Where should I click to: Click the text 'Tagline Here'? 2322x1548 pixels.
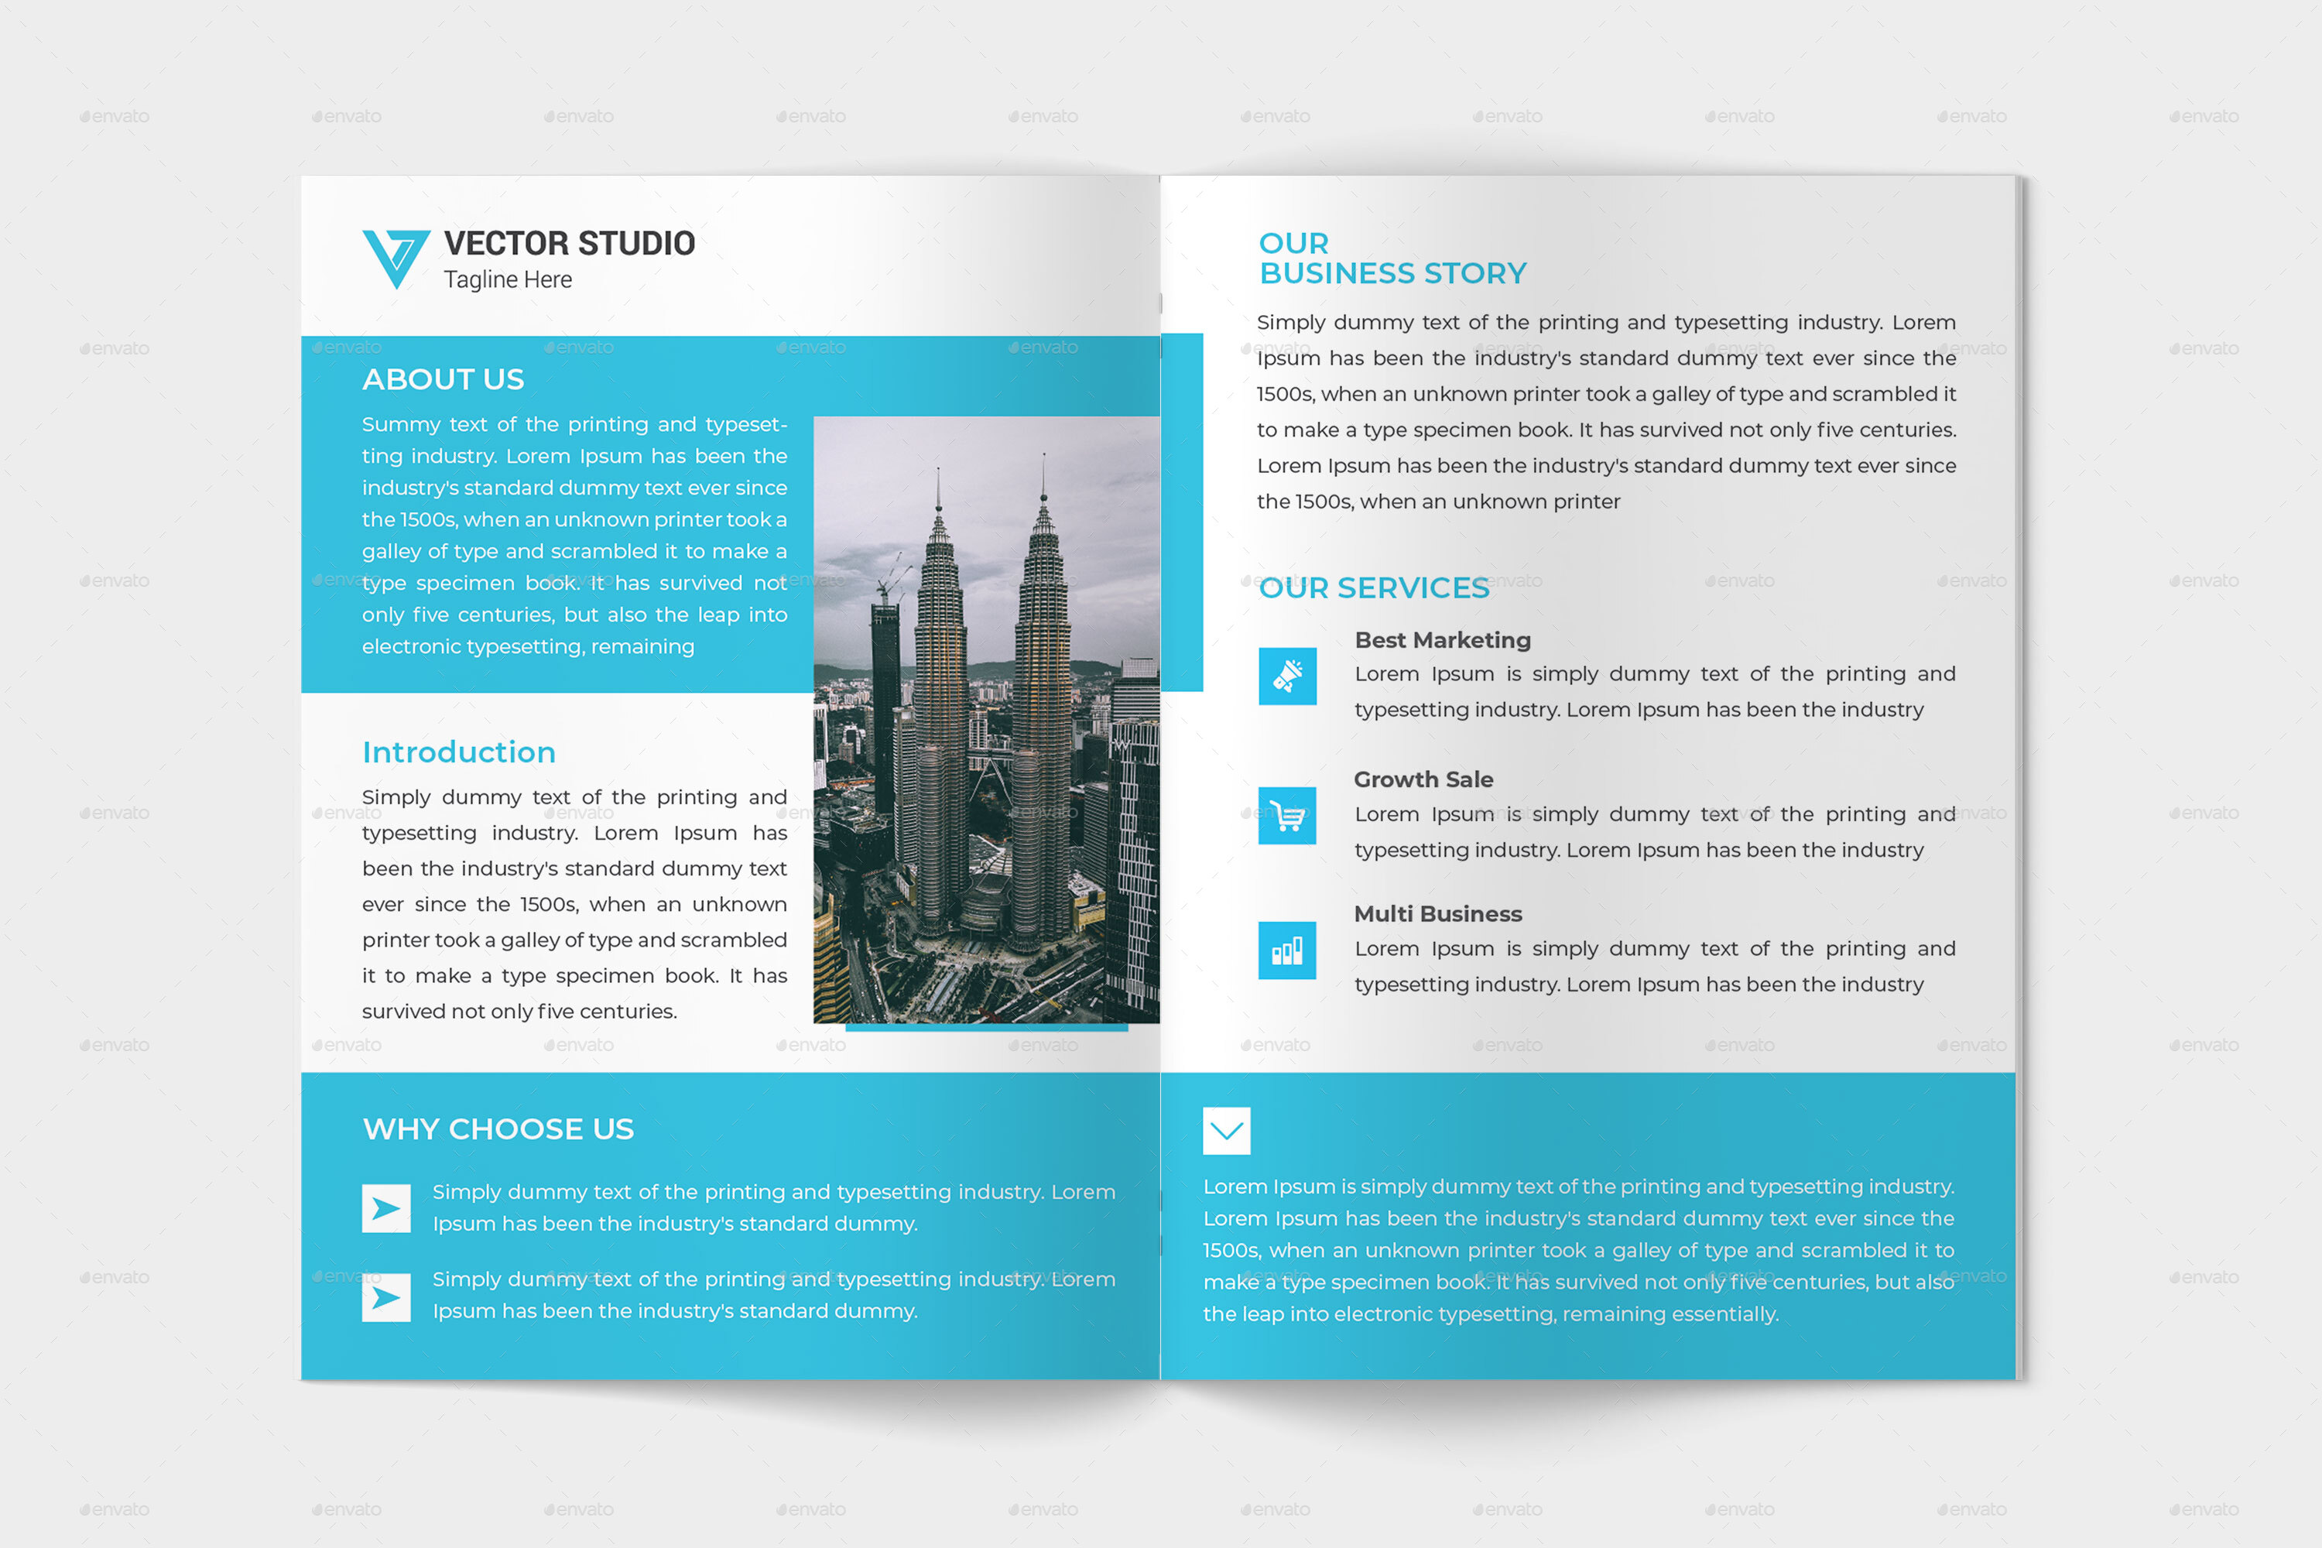click(508, 280)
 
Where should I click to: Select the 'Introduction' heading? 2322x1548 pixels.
click(458, 752)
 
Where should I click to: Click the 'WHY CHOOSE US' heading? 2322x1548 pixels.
click(498, 1129)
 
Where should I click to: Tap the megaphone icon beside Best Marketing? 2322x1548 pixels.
click(1287, 676)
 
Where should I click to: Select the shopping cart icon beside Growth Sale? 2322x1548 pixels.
click(1287, 816)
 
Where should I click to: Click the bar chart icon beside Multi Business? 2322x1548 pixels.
click(1287, 950)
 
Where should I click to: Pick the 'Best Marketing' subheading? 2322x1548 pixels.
click(1443, 641)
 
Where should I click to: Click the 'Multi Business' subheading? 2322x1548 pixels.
click(1437, 914)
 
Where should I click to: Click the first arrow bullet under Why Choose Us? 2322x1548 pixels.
click(386, 1208)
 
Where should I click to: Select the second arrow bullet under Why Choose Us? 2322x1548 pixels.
click(386, 1297)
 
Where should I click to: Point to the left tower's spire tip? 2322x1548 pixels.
click(938, 473)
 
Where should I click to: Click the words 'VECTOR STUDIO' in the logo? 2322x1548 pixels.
click(570, 244)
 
